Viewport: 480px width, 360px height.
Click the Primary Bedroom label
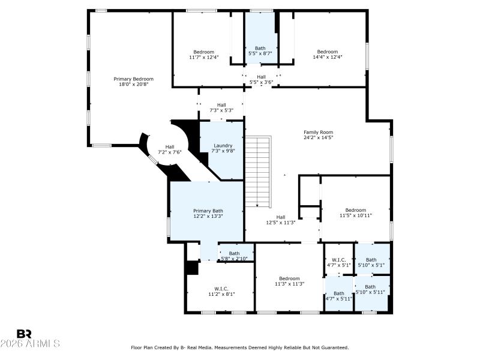[x=134, y=79]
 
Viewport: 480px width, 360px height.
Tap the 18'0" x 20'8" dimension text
[x=134, y=85]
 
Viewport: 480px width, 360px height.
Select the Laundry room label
[x=223, y=146]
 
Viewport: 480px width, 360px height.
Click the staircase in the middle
[x=259, y=171]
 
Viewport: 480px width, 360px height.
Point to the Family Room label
[x=318, y=133]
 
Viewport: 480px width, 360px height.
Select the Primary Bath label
[x=208, y=211]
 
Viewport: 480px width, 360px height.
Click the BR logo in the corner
[x=24, y=334]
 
